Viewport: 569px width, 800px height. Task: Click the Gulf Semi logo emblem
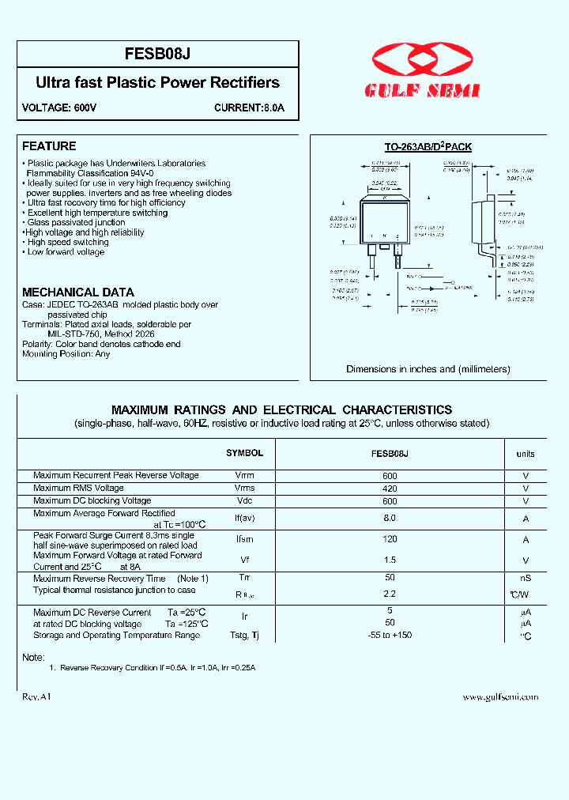point(422,64)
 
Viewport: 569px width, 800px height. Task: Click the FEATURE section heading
point(49,146)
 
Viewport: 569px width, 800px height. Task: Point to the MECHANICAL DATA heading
point(78,292)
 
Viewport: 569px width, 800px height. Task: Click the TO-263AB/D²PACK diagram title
point(428,147)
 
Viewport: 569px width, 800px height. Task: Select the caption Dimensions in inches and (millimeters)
point(428,369)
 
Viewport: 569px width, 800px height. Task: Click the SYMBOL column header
point(244,453)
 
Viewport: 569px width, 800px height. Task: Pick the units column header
point(526,454)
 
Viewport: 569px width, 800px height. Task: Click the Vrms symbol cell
point(245,488)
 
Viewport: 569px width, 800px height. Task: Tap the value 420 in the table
point(389,489)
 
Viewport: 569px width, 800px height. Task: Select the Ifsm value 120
point(389,539)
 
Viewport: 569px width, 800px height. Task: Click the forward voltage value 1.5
point(389,560)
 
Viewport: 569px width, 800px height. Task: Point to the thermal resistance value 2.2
point(389,592)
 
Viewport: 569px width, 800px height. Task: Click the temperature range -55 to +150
point(389,635)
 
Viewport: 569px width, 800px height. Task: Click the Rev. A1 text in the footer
point(36,696)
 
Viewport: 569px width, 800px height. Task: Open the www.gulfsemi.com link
point(500,696)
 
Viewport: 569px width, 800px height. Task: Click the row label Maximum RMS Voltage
point(78,488)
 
